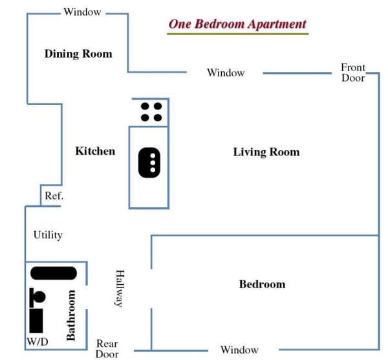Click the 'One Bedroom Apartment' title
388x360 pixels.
click(237, 25)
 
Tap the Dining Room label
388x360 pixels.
click(78, 54)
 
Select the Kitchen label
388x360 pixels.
click(95, 151)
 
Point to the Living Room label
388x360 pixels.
click(266, 152)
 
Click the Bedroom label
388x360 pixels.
click(263, 284)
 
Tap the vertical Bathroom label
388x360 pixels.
click(70, 315)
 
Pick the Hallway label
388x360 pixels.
click(120, 289)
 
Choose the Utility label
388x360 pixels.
click(48, 235)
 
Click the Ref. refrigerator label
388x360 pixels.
click(54, 196)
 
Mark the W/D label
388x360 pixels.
click(38, 342)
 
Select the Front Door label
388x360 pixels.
click(353, 73)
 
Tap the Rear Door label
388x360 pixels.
click(107, 348)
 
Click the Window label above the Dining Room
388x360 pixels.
click(82, 12)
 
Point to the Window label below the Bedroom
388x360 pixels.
click(239, 350)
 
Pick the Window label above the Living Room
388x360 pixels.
click(226, 73)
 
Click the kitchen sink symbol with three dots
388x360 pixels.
click(149, 163)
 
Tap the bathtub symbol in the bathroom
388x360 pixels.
click(54, 273)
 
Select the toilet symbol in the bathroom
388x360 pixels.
click(37, 297)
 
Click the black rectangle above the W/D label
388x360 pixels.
click(36, 321)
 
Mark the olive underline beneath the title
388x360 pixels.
click(238, 34)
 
